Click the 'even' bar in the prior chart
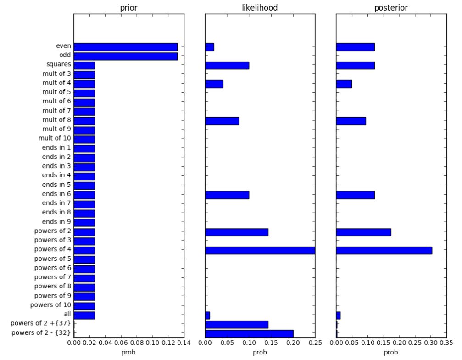point(126,47)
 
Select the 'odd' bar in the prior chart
point(126,56)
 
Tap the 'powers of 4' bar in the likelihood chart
point(260,250)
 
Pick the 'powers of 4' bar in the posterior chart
point(384,250)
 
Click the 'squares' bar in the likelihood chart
point(227,66)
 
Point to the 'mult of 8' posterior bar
point(351,121)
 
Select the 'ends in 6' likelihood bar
point(227,195)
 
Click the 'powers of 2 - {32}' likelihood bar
point(249,334)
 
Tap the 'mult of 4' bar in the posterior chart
point(344,84)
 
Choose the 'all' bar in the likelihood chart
point(207,315)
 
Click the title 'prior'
point(129,8)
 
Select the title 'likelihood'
point(260,7)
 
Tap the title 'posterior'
point(391,8)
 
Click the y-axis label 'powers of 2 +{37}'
point(41,323)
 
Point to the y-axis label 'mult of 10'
point(55,138)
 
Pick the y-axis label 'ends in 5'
point(56,185)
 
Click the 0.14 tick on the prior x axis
point(184,343)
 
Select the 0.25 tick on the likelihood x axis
point(315,343)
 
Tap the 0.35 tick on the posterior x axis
point(446,343)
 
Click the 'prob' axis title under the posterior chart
point(391,352)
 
